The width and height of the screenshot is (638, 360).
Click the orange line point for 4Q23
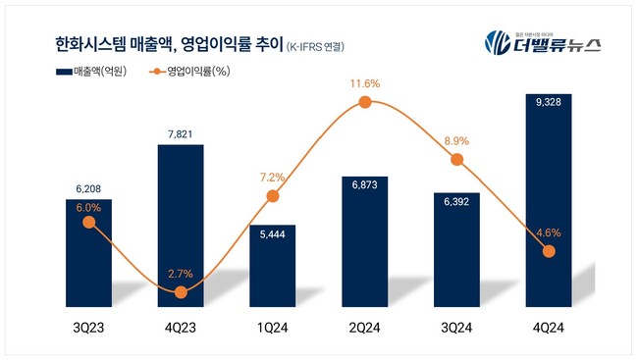click(x=181, y=292)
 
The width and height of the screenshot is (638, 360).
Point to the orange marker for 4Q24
click(x=549, y=252)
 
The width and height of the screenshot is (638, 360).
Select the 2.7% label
click(x=181, y=274)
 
